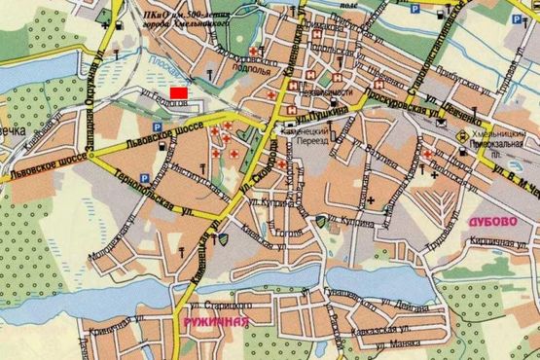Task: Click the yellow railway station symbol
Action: click(459, 137)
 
